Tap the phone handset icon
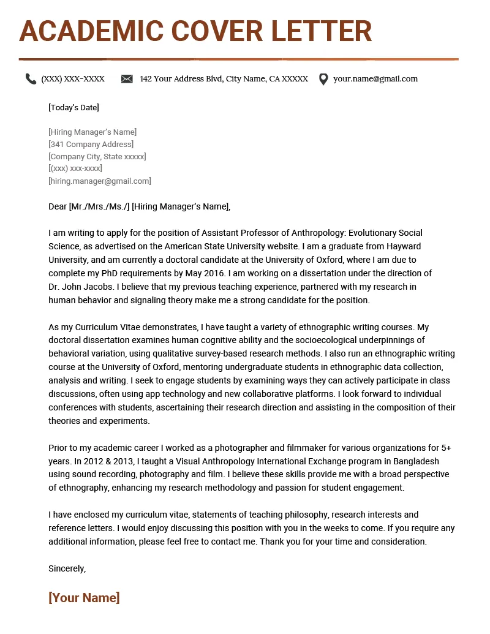[x=31, y=79]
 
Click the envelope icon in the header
[x=127, y=79]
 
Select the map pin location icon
[x=323, y=79]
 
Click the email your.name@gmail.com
[x=375, y=79]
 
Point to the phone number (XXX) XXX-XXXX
[x=73, y=79]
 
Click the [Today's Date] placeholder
[x=73, y=108]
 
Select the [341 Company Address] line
[x=91, y=145]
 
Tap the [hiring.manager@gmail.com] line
[x=99, y=181]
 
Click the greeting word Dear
[x=58, y=206]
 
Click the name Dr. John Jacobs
[x=81, y=287]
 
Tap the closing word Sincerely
[x=67, y=568]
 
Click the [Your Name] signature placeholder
[x=84, y=598]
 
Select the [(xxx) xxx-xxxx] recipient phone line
[x=75, y=169]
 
